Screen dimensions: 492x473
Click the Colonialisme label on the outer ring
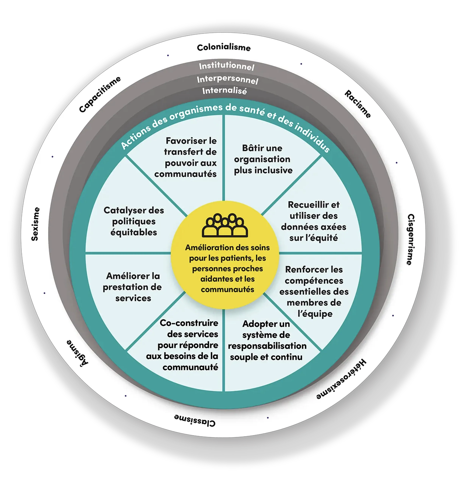pyautogui.click(x=224, y=48)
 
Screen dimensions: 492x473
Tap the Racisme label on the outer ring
pyautogui.click(x=358, y=104)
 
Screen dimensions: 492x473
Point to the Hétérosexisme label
pyautogui.click(x=341, y=379)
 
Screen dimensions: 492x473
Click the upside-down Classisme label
pyautogui.click(x=195, y=420)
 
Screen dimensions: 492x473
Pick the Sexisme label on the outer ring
pyautogui.click(x=35, y=224)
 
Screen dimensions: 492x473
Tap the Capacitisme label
pyautogui.click(x=100, y=94)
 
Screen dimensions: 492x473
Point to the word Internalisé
pyautogui.click(x=225, y=91)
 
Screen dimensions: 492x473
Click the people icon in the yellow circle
pyautogui.click(x=225, y=225)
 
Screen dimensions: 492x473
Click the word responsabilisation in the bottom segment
pyautogui.click(x=267, y=346)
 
